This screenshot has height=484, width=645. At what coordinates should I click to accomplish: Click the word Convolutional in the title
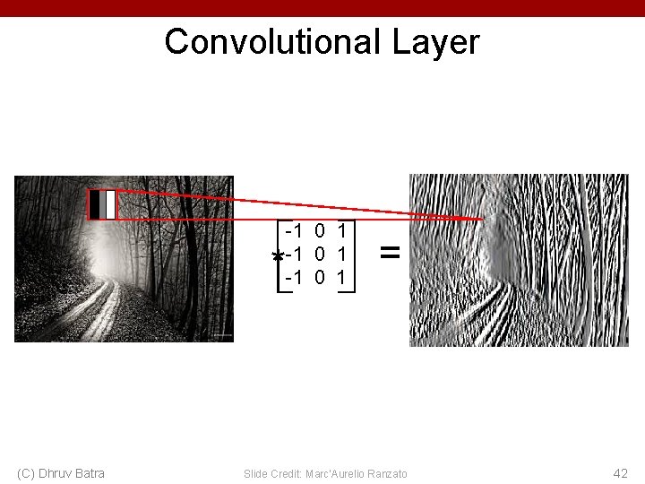[x=270, y=42]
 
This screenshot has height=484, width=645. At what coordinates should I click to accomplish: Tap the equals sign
[x=390, y=254]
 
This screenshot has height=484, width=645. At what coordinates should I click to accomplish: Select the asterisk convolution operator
[x=278, y=257]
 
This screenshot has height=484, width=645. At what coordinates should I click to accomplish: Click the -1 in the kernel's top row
[x=293, y=230]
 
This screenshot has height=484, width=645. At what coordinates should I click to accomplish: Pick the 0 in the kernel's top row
[x=320, y=230]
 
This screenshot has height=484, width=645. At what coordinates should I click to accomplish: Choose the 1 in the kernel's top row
[x=342, y=230]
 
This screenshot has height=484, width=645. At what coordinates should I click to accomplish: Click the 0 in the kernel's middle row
[x=320, y=255]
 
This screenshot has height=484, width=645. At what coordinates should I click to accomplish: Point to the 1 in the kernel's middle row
[x=342, y=255]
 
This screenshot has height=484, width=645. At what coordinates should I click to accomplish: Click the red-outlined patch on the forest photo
[x=102, y=204]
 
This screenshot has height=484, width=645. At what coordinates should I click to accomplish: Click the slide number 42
[x=620, y=472]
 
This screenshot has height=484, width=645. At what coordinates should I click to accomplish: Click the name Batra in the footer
[x=90, y=473]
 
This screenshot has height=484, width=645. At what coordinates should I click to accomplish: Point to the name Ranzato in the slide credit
[x=387, y=473]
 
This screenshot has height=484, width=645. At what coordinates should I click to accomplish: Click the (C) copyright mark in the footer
[x=25, y=473]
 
